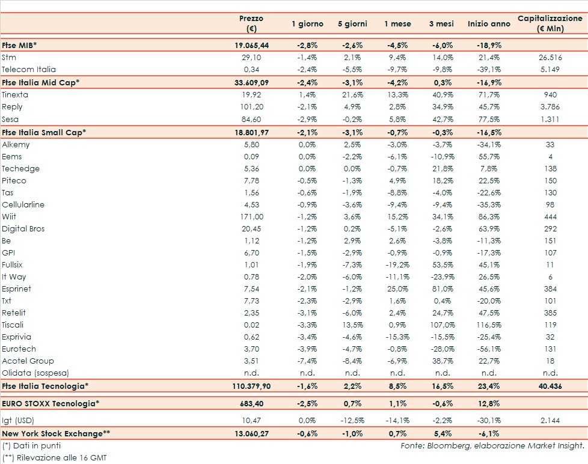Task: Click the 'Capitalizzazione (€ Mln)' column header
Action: click(x=550, y=23)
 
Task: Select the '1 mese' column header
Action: click(x=397, y=24)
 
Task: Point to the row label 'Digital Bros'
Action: click(x=23, y=229)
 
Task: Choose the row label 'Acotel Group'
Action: click(x=28, y=361)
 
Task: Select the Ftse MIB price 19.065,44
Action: click(x=251, y=46)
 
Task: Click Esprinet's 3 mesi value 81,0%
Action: click(x=442, y=289)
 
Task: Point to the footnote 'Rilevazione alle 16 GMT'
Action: click(x=54, y=457)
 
